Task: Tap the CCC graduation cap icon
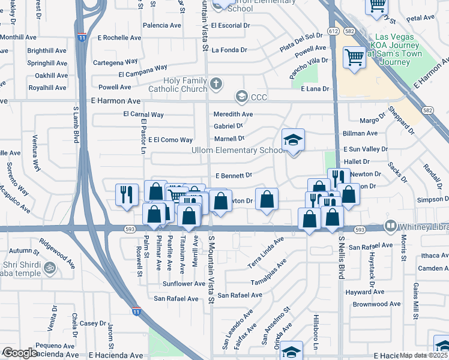click(241, 97)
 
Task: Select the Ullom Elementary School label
click(238, 150)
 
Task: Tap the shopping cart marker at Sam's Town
click(354, 58)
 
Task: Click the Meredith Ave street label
click(233, 114)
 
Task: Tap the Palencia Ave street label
click(161, 26)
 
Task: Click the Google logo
click(20, 353)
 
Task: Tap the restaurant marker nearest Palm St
click(126, 194)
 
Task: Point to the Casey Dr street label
click(94, 323)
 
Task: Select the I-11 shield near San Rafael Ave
click(137, 311)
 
